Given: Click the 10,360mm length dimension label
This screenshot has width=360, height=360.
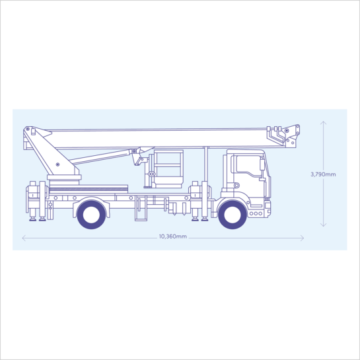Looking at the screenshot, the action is pyautogui.click(x=173, y=236).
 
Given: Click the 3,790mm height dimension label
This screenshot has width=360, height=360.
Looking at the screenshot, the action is pyautogui.click(x=323, y=174).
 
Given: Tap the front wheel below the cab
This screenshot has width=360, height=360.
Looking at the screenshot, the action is pyautogui.click(x=233, y=215).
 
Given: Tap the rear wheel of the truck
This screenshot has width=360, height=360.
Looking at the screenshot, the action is pyautogui.click(x=91, y=215).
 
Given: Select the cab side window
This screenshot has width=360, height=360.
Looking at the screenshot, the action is pyautogui.click(x=248, y=165).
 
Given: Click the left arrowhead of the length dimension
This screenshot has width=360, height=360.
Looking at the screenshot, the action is pyautogui.click(x=24, y=238).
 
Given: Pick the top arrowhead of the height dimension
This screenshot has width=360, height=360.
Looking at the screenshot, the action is pyautogui.click(x=323, y=123).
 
